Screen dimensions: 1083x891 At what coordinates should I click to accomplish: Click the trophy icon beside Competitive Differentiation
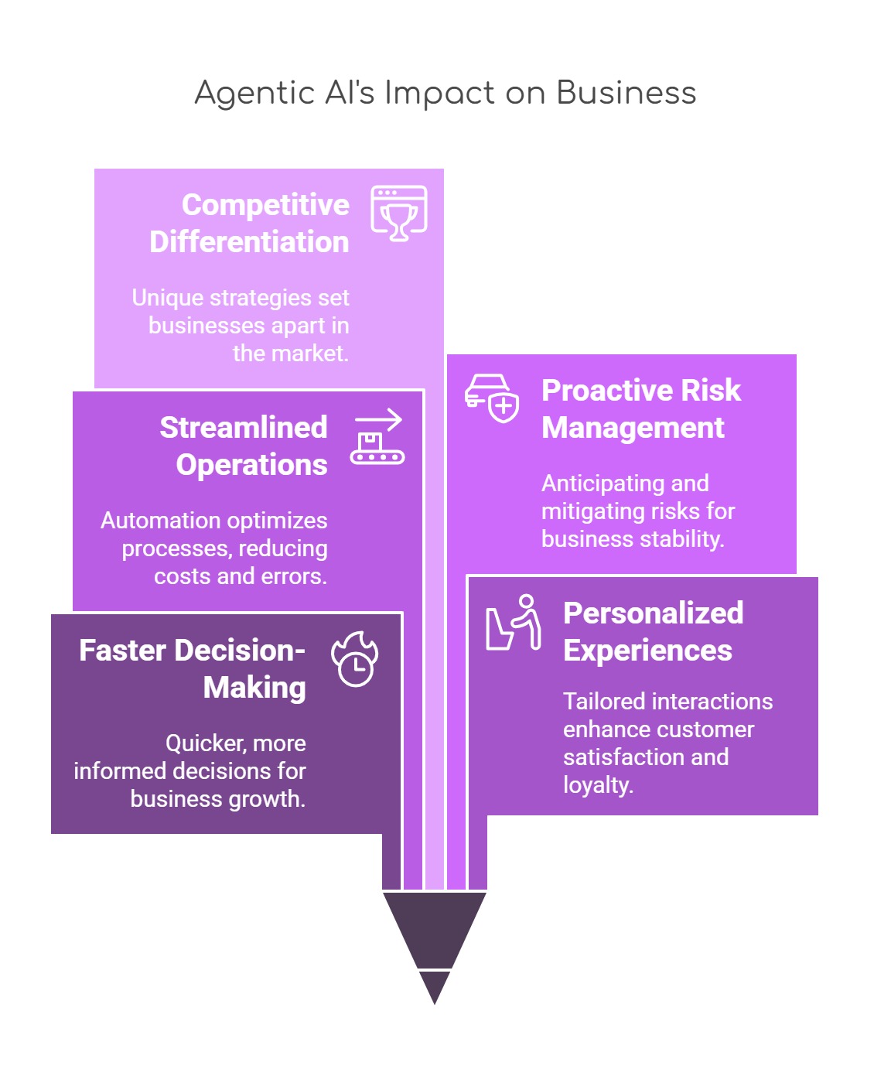(x=398, y=214)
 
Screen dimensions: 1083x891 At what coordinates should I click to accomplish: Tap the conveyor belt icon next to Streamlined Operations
(x=377, y=437)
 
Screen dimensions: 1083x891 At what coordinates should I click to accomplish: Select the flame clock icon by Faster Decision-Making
(x=355, y=660)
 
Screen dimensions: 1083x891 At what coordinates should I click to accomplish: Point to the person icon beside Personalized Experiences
(x=514, y=623)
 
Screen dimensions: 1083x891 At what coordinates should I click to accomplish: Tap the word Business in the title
(x=626, y=93)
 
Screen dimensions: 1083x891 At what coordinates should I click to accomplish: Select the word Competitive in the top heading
(x=265, y=205)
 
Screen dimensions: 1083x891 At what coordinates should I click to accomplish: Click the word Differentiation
(x=249, y=242)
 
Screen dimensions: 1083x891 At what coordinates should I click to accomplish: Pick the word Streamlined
(x=244, y=428)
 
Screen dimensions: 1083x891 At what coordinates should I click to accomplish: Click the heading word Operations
(x=251, y=465)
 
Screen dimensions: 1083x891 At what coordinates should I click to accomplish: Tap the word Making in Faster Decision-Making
(x=254, y=688)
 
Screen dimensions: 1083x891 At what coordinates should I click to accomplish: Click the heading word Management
(x=633, y=428)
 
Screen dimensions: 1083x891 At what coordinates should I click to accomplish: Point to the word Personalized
(x=653, y=613)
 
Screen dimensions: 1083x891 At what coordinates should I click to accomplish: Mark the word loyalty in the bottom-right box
(x=598, y=785)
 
